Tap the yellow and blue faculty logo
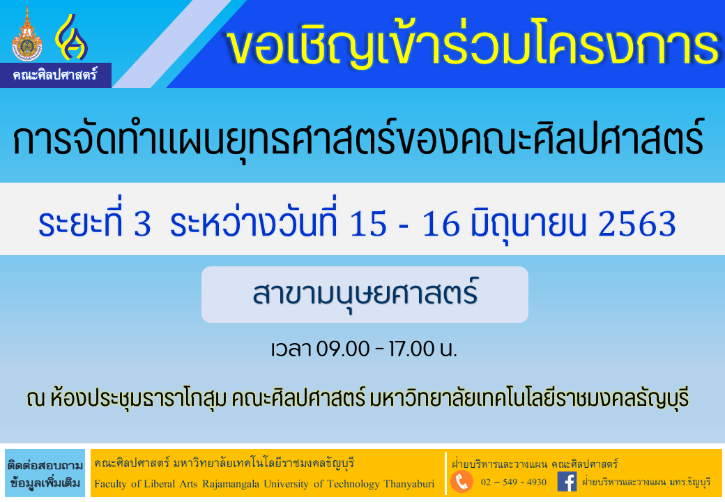(71, 37)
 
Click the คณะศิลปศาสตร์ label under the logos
(56, 75)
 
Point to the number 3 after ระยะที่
(142, 225)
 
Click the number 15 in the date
(367, 225)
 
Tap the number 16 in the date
(441, 225)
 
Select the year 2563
(637, 225)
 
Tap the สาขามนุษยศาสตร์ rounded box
(365, 294)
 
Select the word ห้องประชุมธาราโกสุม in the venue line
(139, 398)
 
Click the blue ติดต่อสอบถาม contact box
(45, 473)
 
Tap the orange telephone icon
(461, 482)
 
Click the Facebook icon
(567, 482)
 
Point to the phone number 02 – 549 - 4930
(513, 482)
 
